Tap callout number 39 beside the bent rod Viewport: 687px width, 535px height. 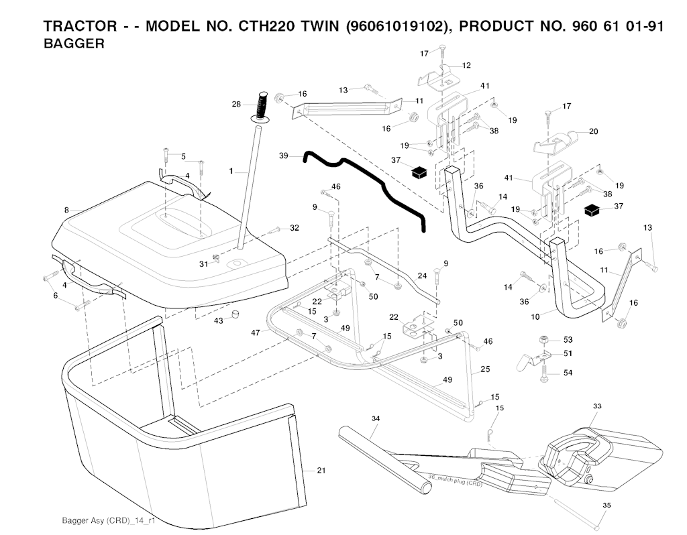(284, 156)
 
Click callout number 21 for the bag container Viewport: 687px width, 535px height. (321, 471)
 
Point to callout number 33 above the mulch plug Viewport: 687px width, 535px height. (598, 406)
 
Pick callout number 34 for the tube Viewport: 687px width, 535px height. (376, 418)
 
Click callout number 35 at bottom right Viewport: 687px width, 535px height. (606, 505)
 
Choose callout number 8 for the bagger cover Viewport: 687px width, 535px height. (66, 211)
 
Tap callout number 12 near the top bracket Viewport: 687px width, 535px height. (466, 66)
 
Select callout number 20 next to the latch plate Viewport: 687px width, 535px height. (593, 131)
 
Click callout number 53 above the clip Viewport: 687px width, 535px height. (568, 340)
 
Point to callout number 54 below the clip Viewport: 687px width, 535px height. (568, 372)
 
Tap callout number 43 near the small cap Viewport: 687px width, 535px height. (218, 320)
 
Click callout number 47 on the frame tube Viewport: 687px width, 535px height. (256, 333)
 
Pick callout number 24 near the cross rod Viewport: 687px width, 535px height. (422, 276)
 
